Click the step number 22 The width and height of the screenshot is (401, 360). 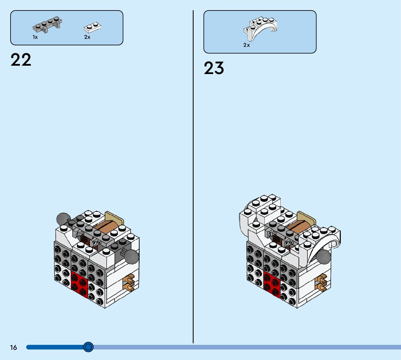[21, 60]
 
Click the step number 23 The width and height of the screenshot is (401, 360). [214, 68]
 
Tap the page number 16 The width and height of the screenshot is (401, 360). [13, 348]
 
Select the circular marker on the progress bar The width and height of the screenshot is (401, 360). [88, 347]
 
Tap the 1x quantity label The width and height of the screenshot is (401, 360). [35, 37]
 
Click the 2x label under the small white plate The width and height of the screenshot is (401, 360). [87, 37]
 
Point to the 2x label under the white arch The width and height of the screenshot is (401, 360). [247, 45]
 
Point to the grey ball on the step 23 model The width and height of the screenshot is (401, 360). [323, 257]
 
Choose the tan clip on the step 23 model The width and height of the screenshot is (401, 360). [321, 283]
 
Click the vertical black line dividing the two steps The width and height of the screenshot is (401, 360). [193, 181]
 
